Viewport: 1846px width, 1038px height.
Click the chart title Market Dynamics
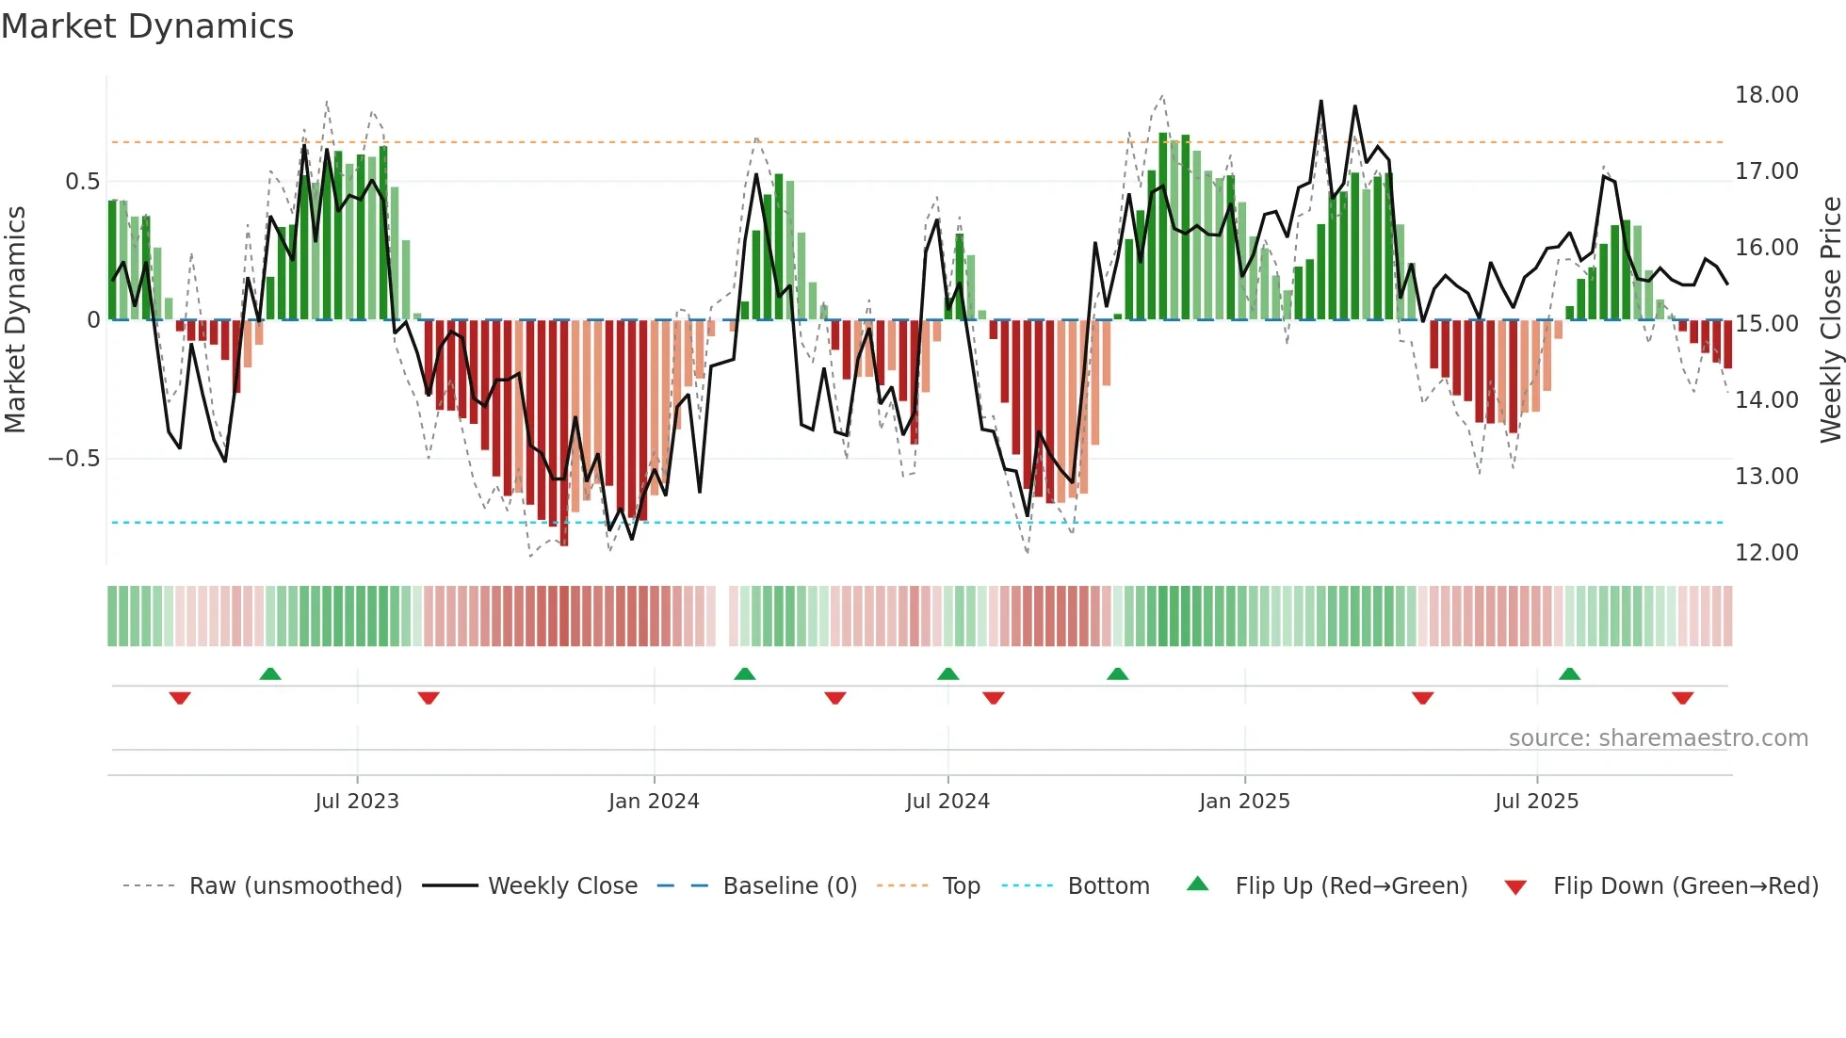(147, 26)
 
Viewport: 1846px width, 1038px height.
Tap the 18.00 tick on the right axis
(1766, 95)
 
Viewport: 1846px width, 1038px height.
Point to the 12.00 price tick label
(1766, 553)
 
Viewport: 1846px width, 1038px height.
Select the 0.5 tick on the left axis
(82, 182)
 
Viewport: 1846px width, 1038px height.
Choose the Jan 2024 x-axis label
(654, 802)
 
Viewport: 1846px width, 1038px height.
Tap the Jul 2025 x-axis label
(1536, 802)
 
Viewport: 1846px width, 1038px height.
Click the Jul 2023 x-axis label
(357, 802)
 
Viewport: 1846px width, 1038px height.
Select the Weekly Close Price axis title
(1830, 320)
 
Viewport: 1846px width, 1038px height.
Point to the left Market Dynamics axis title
(15, 320)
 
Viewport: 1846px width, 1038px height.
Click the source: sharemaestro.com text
(1658, 738)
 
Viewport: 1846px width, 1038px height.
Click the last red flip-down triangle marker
(1683, 698)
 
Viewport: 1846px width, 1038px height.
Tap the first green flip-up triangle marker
(270, 673)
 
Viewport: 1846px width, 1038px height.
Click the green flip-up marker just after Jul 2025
(1569, 673)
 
